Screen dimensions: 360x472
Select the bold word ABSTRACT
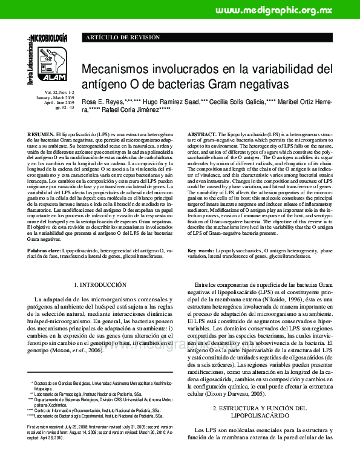202,133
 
